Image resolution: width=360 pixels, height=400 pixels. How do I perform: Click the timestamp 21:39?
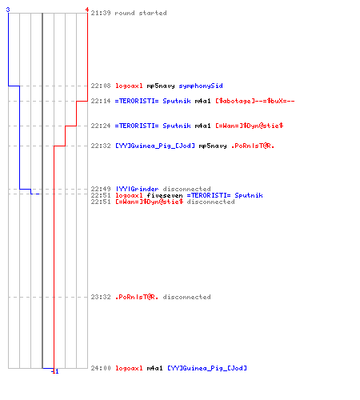pyautogui.click(x=101, y=13)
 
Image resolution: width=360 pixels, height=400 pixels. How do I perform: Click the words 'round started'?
pyautogui.click(x=141, y=13)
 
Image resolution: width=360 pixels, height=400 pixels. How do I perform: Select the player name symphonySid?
pyautogui.click(x=201, y=86)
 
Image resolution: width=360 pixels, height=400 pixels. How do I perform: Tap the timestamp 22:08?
pyautogui.click(x=101, y=86)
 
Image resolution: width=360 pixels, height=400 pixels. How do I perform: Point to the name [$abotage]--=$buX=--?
pyautogui.click(x=255, y=101)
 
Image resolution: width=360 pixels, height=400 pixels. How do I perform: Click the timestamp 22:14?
pyautogui.click(x=101, y=101)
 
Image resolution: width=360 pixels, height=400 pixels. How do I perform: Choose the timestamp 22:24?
pyautogui.click(x=101, y=126)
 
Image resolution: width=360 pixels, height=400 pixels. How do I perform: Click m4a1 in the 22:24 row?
pyautogui.click(x=202, y=126)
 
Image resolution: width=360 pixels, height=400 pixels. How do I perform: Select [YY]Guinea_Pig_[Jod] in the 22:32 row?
pyautogui.click(x=155, y=146)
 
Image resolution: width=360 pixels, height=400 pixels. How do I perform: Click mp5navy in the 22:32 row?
pyautogui.click(x=213, y=146)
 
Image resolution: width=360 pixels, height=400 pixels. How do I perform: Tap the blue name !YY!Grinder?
pyautogui.click(x=137, y=189)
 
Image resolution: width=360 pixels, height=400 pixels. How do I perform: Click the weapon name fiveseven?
pyautogui.click(x=165, y=195)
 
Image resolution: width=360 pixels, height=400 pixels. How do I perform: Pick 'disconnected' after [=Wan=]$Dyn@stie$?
pyautogui.click(x=210, y=202)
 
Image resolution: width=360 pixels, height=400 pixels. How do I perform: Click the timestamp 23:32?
pyautogui.click(x=101, y=297)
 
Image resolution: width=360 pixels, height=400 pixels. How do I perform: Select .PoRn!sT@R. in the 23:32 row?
pyautogui.click(x=137, y=297)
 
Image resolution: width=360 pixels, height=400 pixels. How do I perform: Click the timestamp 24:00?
pyautogui.click(x=101, y=368)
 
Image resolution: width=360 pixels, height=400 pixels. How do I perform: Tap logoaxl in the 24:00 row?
pyautogui.click(x=129, y=368)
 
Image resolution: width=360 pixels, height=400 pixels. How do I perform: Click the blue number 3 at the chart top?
pyautogui.click(x=8, y=10)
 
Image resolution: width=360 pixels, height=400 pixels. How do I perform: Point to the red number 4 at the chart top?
pyautogui.click(x=87, y=10)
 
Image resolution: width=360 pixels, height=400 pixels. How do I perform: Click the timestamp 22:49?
pyautogui.click(x=101, y=189)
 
